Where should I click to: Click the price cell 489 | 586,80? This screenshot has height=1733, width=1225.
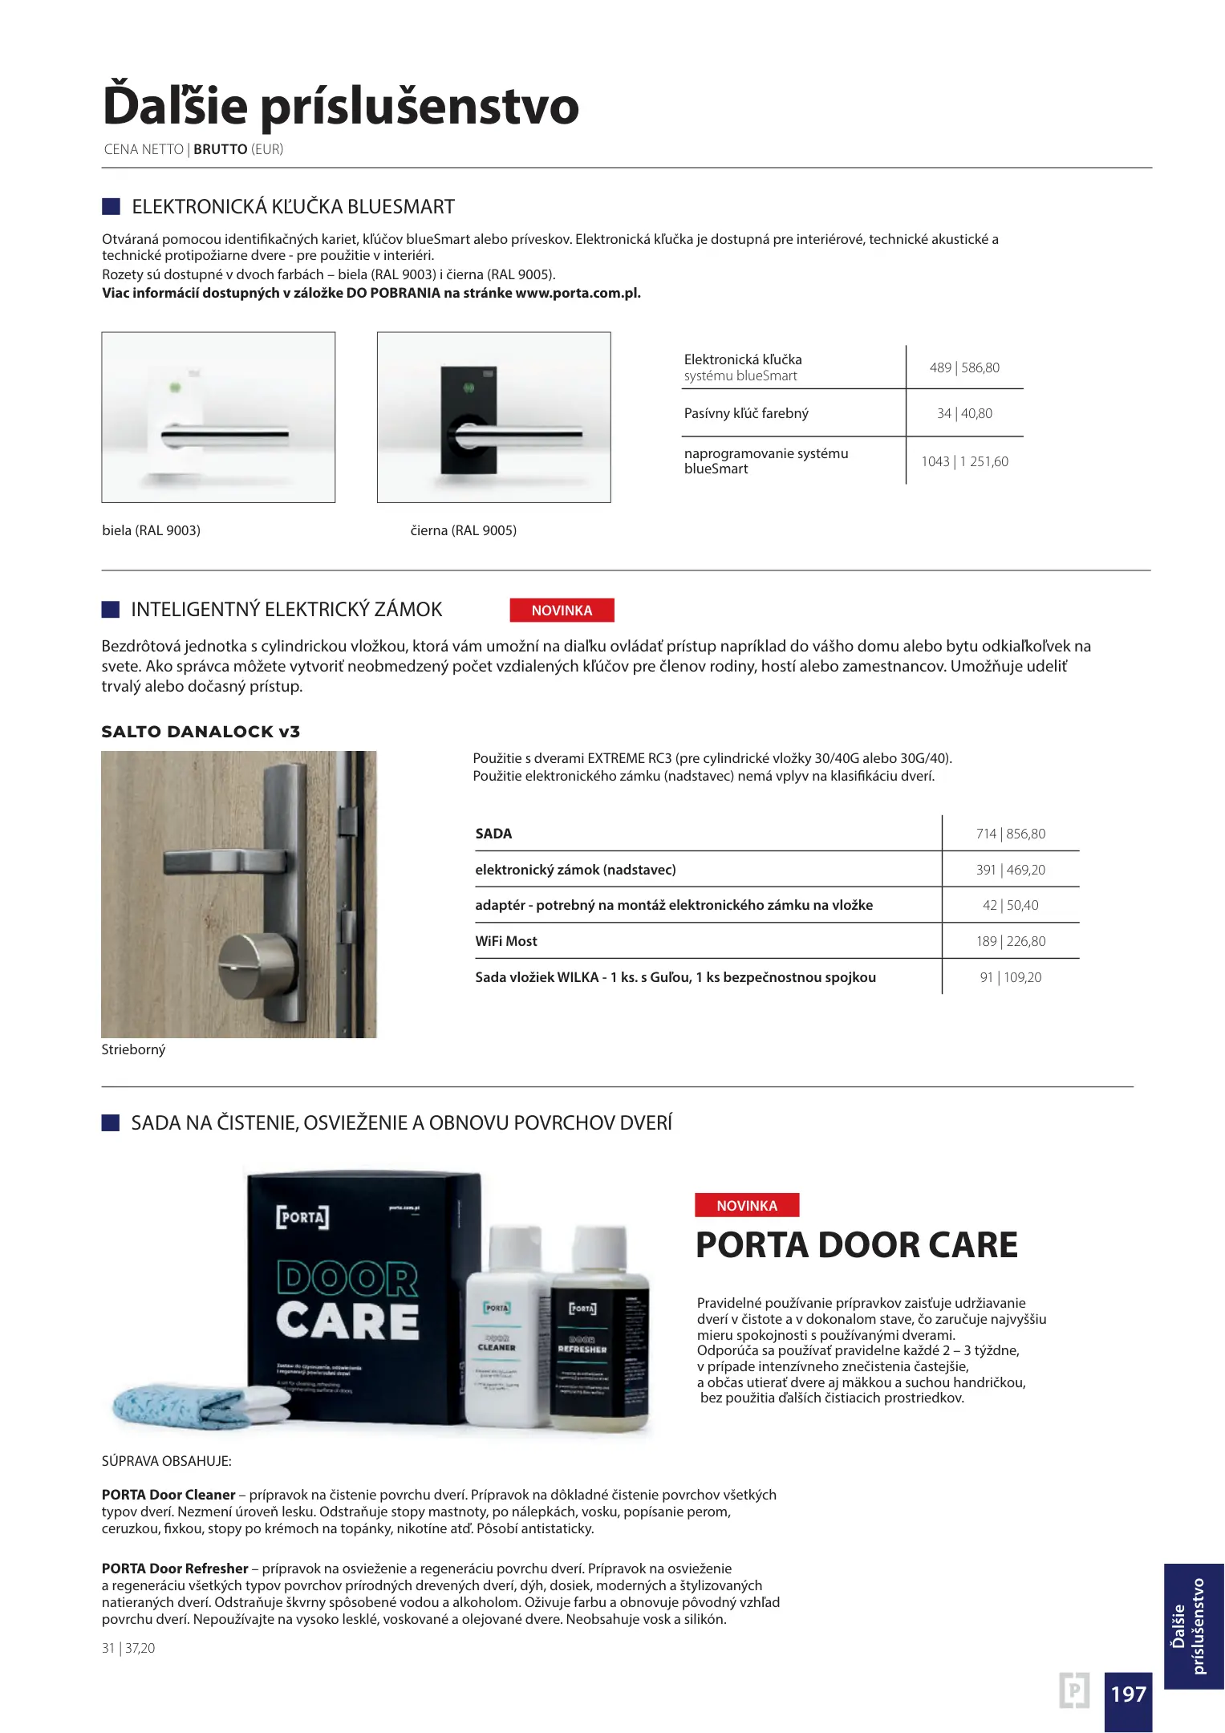tap(964, 367)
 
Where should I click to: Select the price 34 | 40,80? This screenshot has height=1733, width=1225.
tap(964, 413)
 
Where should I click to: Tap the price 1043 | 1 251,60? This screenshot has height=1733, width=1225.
tap(964, 461)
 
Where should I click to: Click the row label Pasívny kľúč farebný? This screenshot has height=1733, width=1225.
tap(746, 413)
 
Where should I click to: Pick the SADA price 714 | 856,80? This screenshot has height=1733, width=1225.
tap(1011, 834)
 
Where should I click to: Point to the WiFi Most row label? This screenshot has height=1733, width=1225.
tap(506, 941)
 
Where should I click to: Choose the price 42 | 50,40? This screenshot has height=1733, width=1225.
tap(1011, 905)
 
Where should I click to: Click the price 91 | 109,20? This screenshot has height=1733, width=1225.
tap(1011, 977)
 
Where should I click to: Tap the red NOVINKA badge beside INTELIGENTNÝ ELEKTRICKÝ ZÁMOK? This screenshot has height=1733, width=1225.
tap(562, 611)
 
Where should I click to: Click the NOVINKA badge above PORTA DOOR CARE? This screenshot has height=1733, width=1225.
tap(747, 1205)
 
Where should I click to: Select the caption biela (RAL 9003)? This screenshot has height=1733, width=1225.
tap(152, 530)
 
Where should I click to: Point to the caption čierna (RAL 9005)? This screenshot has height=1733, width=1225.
tap(464, 530)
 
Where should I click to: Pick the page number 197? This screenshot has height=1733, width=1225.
tap(1128, 1694)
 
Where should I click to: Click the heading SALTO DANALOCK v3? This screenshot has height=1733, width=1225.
tap(201, 732)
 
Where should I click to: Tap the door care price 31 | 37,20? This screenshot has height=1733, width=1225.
tap(128, 1648)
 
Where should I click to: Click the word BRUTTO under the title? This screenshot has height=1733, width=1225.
tap(220, 149)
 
